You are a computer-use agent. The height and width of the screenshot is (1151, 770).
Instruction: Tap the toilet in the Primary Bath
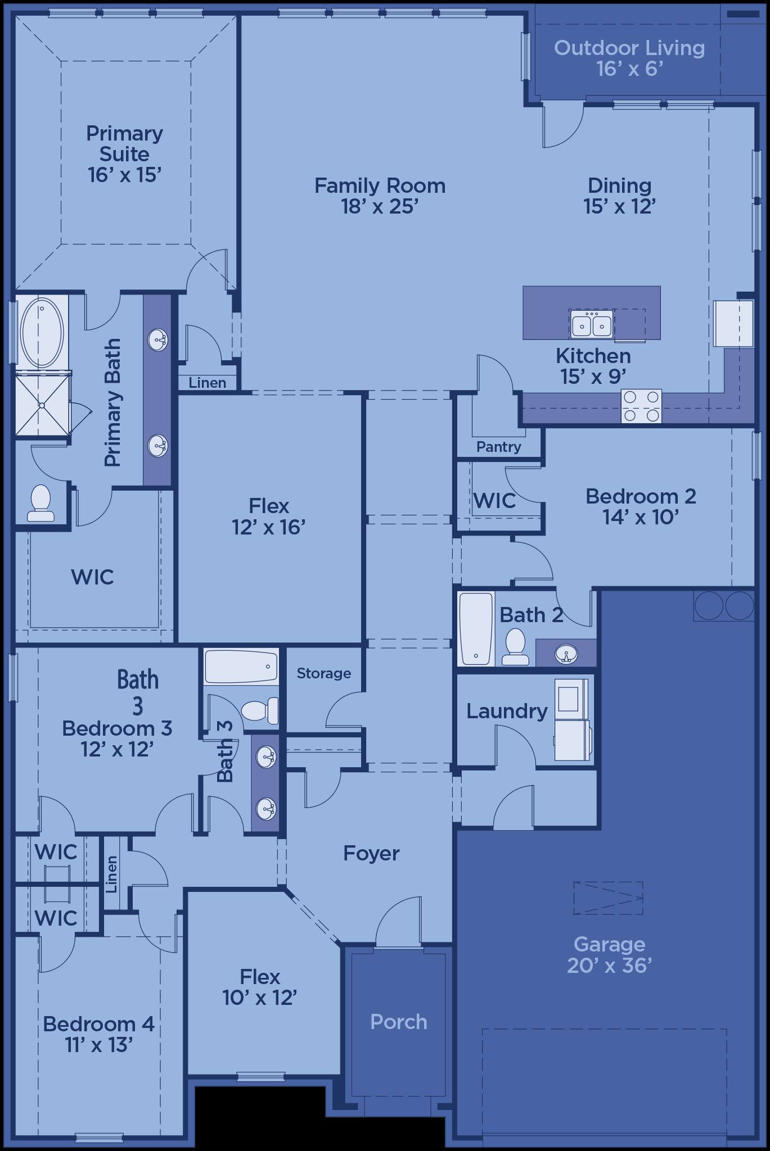click(x=40, y=502)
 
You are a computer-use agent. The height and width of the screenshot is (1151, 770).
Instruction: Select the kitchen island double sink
click(x=591, y=324)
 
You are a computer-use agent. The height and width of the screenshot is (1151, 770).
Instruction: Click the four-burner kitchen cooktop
click(x=641, y=406)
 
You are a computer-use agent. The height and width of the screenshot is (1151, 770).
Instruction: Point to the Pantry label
click(x=498, y=447)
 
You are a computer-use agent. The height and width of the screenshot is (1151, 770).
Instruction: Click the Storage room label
click(x=323, y=673)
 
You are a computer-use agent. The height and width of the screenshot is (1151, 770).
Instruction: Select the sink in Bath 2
click(x=566, y=654)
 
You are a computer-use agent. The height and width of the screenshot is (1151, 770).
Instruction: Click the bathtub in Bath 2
click(x=476, y=628)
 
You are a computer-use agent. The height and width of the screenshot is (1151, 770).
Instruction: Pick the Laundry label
click(x=507, y=712)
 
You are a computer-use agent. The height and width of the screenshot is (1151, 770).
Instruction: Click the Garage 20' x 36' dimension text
click(x=609, y=965)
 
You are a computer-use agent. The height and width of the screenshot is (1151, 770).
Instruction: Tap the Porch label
click(x=399, y=1022)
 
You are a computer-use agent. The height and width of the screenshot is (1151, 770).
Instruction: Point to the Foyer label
click(x=371, y=853)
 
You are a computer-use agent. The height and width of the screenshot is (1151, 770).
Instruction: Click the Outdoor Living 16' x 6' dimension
click(x=629, y=69)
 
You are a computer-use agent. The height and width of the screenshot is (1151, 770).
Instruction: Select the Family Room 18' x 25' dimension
click(x=380, y=206)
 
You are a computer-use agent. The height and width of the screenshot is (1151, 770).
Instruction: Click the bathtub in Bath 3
click(x=241, y=666)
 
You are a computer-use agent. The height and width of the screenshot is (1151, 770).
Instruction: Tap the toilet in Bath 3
click(x=260, y=710)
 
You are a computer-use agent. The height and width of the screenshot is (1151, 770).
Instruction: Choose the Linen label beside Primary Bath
click(x=208, y=383)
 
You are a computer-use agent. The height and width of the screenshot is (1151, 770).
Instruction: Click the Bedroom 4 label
click(x=98, y=1024)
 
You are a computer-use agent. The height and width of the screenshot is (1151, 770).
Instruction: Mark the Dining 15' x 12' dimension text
click(x=619, y=206)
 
